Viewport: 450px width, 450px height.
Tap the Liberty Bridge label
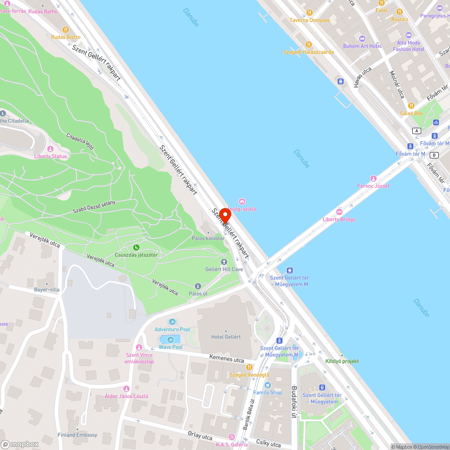click(339, 220)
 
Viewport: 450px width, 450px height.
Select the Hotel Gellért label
click(226, 337)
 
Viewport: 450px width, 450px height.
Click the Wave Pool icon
click(171, 339)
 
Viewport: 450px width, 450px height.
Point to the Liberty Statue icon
click(50, 149)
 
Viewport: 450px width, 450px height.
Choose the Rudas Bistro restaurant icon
click(66, 30)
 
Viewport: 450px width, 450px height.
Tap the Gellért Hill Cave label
click(224, 270)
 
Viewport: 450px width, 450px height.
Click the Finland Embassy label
click(77, 435)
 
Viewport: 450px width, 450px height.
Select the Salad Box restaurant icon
click(411, 106)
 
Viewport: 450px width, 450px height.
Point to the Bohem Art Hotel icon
click(362, 38)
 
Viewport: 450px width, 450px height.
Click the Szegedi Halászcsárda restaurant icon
click(309, 45)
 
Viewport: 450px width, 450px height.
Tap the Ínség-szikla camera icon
click(242, 201)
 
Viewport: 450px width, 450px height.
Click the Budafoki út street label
click(294, 402)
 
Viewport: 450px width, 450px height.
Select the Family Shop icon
click(268, 385)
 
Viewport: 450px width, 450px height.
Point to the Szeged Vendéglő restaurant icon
click(249, 367)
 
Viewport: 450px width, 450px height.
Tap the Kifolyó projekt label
click(342, 361)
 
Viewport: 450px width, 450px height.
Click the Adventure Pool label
click(172, 329)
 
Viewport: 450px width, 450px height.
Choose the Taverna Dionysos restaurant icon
click(309, 13)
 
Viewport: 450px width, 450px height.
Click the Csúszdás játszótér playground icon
click(136, 247)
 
